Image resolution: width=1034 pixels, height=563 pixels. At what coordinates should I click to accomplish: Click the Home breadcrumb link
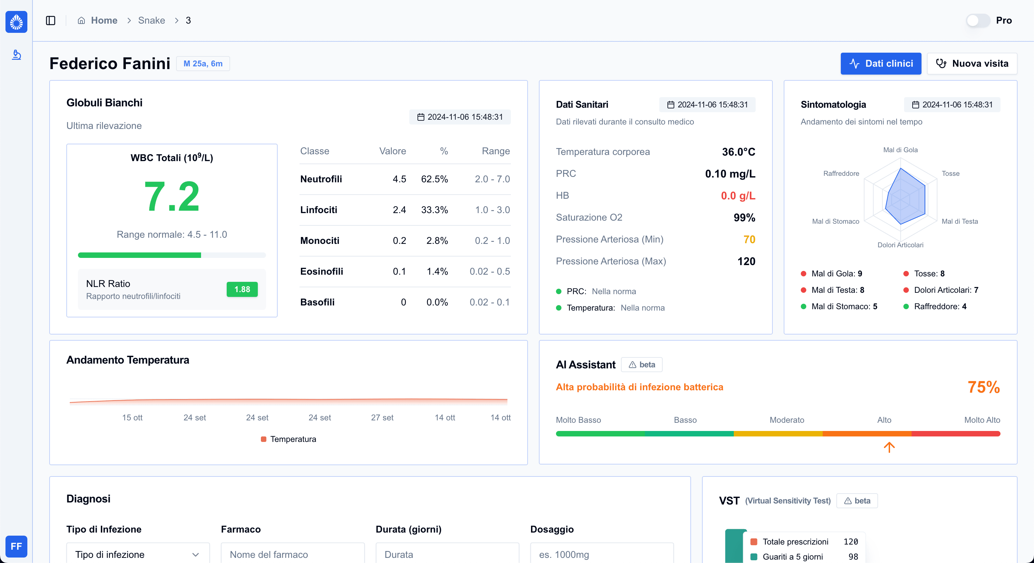pos(104,21)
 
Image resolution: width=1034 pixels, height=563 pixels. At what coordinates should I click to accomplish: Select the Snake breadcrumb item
pos(151,21)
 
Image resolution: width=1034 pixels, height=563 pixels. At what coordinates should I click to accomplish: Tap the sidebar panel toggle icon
pos(51,21)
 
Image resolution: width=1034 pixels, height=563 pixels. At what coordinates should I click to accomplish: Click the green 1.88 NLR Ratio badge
pos(242,289)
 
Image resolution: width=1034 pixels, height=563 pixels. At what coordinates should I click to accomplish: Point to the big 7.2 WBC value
pos(171,196)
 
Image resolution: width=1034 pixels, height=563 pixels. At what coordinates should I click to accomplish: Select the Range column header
pos(495,151)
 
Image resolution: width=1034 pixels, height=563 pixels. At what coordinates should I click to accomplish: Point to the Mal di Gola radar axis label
pos(900,150)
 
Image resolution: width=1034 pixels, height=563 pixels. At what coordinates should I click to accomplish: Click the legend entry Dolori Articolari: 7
pos(945,290)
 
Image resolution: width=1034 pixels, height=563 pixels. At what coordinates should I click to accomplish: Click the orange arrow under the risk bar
pos(889,447)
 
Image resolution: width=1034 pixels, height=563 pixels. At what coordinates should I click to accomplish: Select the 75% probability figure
pos(983,387)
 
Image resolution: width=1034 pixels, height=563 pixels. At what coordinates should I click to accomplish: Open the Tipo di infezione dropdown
pos(138,554)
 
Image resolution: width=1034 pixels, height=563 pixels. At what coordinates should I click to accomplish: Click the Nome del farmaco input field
pos(292,554)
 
